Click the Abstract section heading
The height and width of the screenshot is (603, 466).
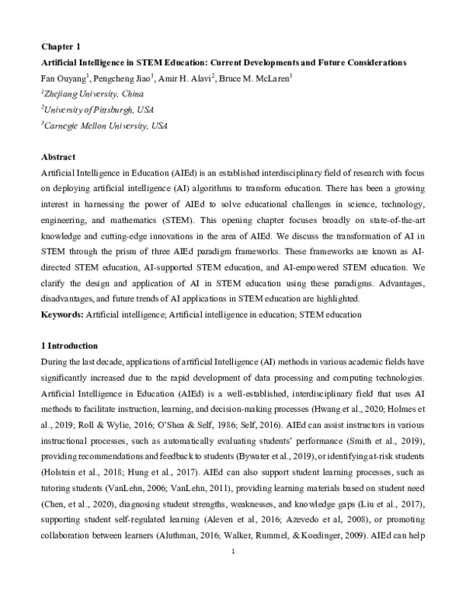click(58, 156)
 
